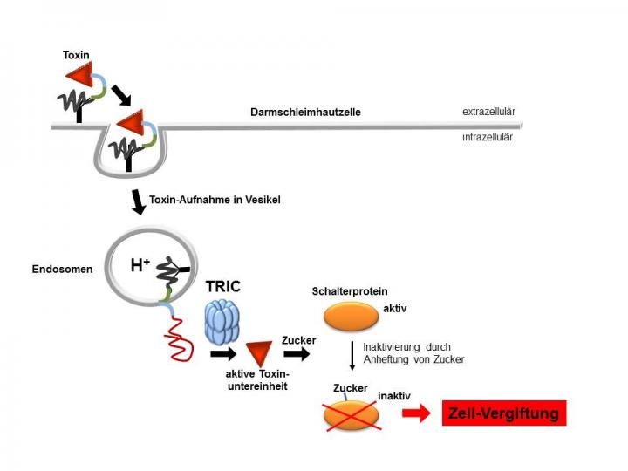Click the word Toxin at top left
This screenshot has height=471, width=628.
click(76, 55)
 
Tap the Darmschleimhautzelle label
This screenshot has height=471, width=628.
click(305, 113)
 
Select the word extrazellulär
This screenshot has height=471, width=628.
click(488, 113)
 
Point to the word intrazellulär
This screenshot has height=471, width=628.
click(488, 137)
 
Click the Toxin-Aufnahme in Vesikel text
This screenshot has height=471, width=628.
click(215, 200)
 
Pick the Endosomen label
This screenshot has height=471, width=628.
click(58, 269)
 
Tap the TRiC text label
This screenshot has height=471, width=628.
click(225, 285)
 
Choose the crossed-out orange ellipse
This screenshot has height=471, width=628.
click(352, 415)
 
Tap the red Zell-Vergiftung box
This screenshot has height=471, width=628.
click(504, 413)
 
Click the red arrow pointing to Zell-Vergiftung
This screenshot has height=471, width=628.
click(416, 413)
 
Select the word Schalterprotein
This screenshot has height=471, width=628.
click(350, 291)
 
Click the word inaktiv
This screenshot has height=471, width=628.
click(394, 396)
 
